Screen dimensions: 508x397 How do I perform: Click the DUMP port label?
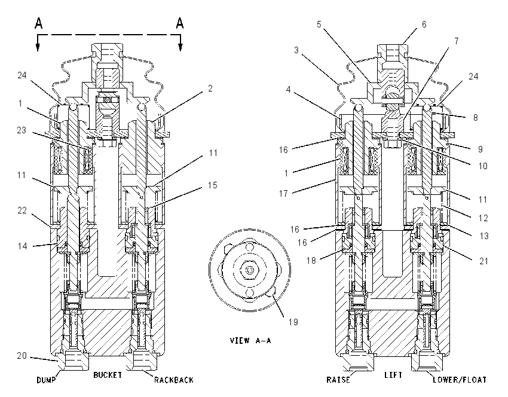tap(46, 380)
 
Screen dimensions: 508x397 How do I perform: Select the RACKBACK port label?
tap(174, 380)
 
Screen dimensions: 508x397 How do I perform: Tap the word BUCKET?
tap(108, 375)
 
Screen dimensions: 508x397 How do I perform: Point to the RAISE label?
tap(338, 380)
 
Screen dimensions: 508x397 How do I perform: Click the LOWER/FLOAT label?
tap(460, 380)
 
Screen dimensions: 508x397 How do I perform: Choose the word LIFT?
tap(393, 375)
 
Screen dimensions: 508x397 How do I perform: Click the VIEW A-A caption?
tap(250, 340)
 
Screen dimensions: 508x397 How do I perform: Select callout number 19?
tap(293, 322)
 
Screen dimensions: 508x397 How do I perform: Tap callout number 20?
tap(22, 356)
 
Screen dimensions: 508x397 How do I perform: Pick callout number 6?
tap(424, 25)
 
